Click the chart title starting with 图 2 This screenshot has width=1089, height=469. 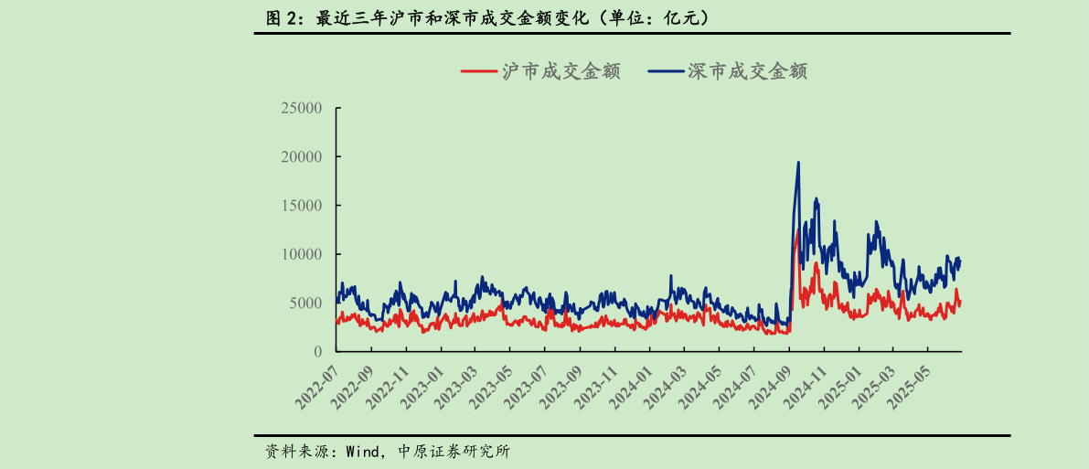[x=487, y=17]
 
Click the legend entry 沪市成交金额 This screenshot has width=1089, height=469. [x=541, y=71]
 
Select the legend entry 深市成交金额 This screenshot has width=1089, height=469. [x=728, y=71]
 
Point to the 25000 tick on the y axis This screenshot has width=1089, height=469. [x=301, y=108]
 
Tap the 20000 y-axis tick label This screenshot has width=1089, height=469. [x=301, y=156]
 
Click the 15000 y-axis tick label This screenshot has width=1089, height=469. [x=301, y=206]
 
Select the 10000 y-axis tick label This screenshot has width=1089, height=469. [x=301, y=254]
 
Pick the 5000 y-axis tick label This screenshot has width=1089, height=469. [x=305, y=303]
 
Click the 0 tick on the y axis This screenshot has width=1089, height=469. [x=317, y=352]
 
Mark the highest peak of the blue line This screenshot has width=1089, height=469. [x=798, y=163]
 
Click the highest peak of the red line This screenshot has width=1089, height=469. [x=796, y=230]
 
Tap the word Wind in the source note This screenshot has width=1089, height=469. [x=361, y=452]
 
